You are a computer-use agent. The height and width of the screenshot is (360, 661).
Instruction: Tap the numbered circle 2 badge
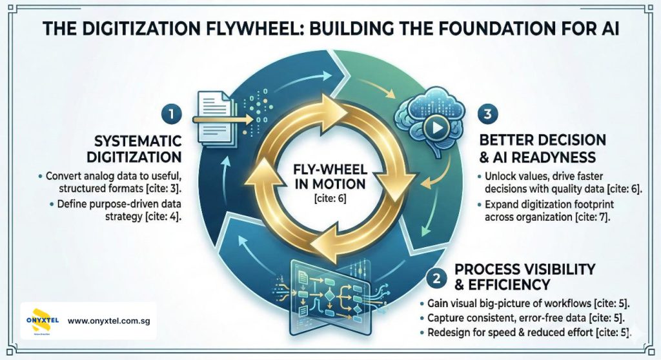(437, 278)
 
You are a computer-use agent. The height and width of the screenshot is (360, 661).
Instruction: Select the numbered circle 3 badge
(486, 115)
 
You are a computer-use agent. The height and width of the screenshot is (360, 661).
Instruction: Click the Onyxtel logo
(41, 320)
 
